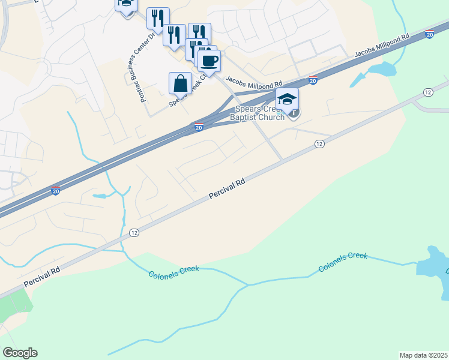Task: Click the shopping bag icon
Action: click(x=180, y=83)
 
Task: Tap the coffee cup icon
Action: click(x=209, y=61)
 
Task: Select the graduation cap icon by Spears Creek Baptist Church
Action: click(x=287, y=98)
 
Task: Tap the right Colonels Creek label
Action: click(x=343, y=262)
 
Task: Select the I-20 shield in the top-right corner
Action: click(x=430, y=35)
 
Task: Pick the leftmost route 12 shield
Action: click(x=134, y=233)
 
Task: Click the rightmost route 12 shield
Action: click(x=427, y=92)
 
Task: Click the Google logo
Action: click(x=20, y=353)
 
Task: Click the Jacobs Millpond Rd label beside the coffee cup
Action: click(x=253, y=80)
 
